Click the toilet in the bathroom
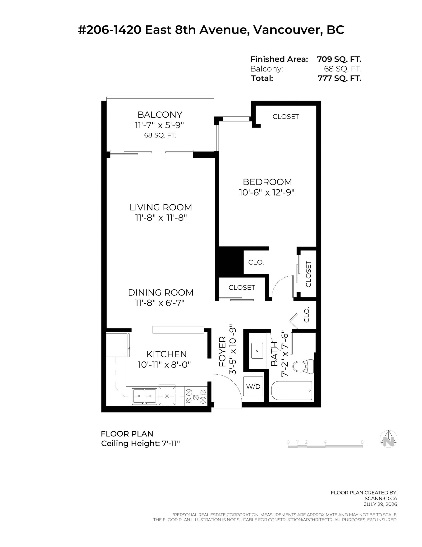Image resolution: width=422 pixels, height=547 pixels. coord(303,366)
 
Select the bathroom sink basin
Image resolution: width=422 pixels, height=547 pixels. coord(257,351)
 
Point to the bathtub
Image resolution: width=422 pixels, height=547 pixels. coord(292,391)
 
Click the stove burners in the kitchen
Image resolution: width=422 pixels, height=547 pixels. coord(196,396)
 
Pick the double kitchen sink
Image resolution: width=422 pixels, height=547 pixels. coord(144,396)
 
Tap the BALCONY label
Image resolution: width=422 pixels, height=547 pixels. coord(160,115)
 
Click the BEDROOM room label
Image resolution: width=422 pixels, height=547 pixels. coord(267,182)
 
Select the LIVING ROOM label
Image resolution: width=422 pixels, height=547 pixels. coord(161,207)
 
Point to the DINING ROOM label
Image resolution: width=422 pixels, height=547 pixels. coord(161,292)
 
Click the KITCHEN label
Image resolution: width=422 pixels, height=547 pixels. coord(167,354)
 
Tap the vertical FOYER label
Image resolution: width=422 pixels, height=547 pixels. coord(222,352)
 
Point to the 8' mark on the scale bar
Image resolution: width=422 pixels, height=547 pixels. coord(362,442)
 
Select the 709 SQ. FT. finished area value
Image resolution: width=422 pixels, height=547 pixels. coord(339,59)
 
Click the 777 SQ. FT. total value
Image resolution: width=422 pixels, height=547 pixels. coord(339,78)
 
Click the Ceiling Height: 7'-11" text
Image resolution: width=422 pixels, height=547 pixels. coord(141,443)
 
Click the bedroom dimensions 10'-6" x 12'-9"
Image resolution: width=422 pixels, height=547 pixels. coord(267,193)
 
